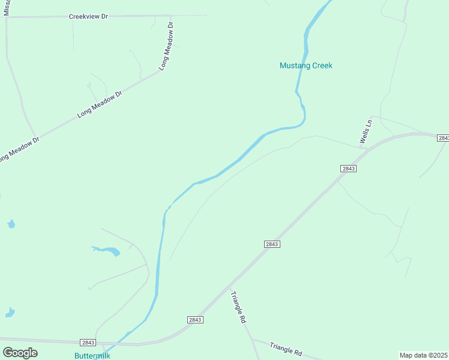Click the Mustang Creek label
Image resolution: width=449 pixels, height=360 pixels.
point(306,65)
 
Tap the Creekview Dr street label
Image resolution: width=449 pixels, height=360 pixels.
point(88,16)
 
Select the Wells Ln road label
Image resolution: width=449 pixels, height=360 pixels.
point(366,131)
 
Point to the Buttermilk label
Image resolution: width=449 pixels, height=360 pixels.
point(92,355)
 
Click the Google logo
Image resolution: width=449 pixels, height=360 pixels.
point(20,353)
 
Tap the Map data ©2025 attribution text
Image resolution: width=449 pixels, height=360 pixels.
point(424,355)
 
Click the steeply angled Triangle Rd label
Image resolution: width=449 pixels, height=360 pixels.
point(240,308)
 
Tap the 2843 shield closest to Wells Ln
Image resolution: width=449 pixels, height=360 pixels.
point(349,169)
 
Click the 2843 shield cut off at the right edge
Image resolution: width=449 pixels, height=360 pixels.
point(443,138)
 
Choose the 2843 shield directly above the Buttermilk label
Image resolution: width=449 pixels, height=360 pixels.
point(88,343)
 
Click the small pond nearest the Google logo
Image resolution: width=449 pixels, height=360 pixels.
point(10,313)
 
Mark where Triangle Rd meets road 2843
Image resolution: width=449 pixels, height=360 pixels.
point(231,291)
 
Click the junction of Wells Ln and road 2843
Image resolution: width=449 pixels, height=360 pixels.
point(367,148)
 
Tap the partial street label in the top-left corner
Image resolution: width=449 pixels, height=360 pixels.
point(7,7)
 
